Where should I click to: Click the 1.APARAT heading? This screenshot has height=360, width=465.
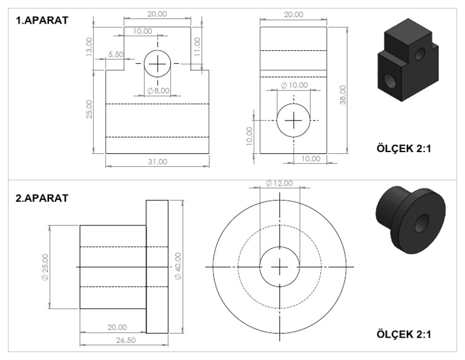coord(42,21)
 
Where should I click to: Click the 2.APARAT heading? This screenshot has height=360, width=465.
coord(42,198)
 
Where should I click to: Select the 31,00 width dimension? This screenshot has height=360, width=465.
coord(157,161)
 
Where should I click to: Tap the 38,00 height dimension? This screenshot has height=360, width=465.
coord(343,95)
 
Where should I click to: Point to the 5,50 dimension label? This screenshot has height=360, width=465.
coord(116,54)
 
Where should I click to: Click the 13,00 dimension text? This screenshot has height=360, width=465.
coord(89,47)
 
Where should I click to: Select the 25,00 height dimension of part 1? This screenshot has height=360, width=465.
coord(89,109)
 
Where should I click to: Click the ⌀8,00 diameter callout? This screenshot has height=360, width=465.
coord(159,90)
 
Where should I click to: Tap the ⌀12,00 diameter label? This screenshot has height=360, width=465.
coord(279,183)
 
